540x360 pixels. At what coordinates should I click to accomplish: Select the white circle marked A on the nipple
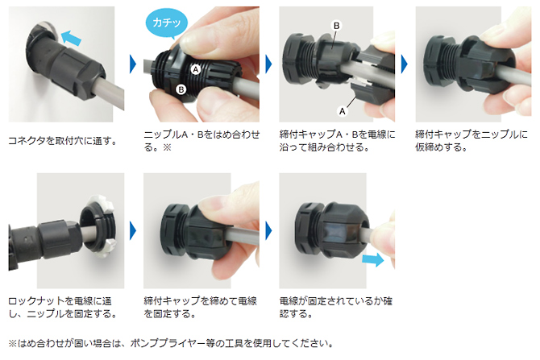pos(196,70)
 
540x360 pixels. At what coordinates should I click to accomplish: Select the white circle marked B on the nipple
pos(181,89)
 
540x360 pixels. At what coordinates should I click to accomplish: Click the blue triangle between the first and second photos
pos(132,63)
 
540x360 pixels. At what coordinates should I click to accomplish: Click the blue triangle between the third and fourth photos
pos(404,63)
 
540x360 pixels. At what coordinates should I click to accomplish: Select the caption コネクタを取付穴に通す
pos(62,140)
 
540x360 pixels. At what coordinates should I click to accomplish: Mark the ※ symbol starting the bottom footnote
pos(11,343)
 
